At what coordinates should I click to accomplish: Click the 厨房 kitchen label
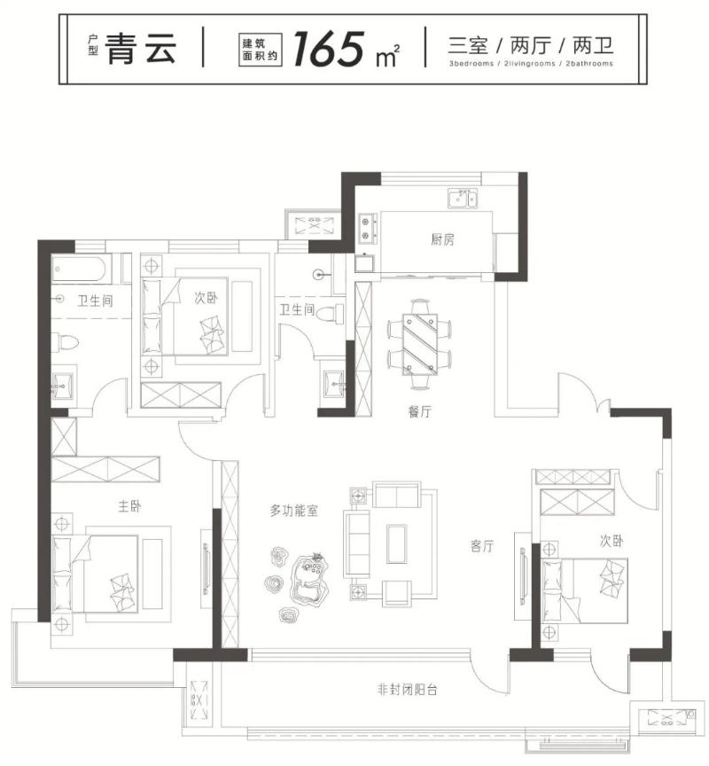point(442,239)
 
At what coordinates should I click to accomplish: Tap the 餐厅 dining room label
point(419,411)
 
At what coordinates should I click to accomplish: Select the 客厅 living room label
point(482,545)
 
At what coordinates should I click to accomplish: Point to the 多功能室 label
point(293,511)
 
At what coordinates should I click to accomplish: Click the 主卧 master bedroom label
point(129,505)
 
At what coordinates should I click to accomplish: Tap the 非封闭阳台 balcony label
point(408,689)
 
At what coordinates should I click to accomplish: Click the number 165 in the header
point(330,49)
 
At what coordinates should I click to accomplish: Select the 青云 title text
point(141,49)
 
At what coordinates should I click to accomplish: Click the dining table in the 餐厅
point(420,344)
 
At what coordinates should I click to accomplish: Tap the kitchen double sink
point(463,199)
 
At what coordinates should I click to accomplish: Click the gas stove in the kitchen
point(368,229)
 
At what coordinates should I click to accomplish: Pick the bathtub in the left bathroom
point(78,269)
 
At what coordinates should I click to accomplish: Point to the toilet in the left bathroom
point(65,341)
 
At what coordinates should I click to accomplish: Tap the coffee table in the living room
point(396,543)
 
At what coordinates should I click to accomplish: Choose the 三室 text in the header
point(468,45)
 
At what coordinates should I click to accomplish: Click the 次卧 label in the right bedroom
point(612,541)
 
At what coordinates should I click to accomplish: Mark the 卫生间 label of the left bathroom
point(95,301)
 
